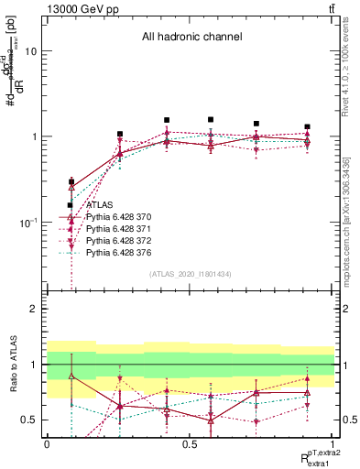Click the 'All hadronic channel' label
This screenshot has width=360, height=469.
point(191,38)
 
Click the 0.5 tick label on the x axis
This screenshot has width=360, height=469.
point(190,444)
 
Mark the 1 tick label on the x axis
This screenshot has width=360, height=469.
point(332,444)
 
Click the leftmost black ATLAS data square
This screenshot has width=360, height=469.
point(71,205)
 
